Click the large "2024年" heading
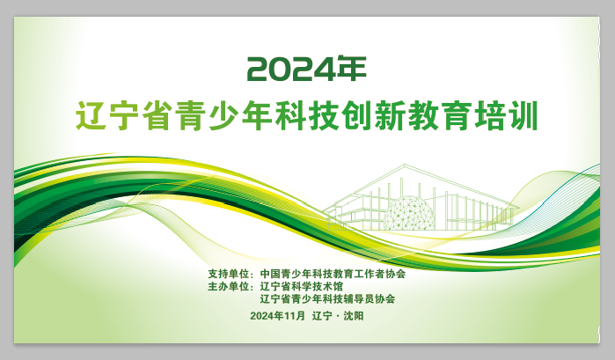pos(307,69)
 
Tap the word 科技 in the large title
pos(307,116)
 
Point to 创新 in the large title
pos(373,116)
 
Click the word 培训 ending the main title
pos(506,116)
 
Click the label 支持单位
pos(228,274)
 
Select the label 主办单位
pos(228,286)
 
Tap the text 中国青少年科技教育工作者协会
pos(333,274)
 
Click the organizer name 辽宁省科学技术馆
pos(301,286)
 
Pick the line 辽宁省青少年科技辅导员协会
pos(327,298)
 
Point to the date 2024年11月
pos(277,316)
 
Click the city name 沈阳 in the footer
pos(354,316)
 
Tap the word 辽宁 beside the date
pos(322,316)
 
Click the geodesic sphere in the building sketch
pos(409,213)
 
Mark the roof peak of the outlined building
pos(405,165)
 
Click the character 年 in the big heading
pos(352,69)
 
